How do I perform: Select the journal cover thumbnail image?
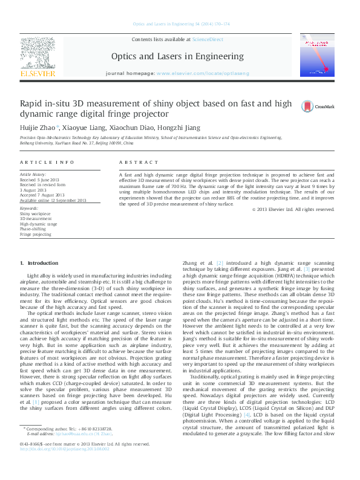pyautogui.click(x=318, y=55)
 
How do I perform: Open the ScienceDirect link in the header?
pyautogui.click(x=207, y=39)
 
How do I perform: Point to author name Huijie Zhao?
pyautogui.click(x=38, y=128)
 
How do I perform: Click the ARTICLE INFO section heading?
pyautogui.click(x=44, y=163)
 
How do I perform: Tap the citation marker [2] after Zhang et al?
pyautogui.click(x=220, y=263)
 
